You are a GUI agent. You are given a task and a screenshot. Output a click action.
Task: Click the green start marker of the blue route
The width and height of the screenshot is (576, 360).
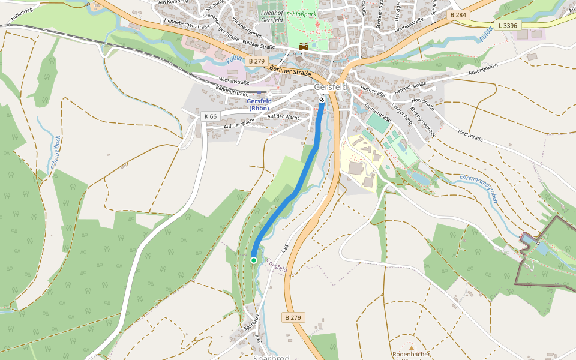tap(254, 260)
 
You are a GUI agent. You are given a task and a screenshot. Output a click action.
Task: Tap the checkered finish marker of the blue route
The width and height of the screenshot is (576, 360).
tap(322, 100)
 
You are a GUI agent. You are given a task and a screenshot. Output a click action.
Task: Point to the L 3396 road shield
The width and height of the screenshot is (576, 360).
tap(507, 26)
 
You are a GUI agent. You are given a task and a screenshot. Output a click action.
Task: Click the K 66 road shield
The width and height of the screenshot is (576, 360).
tap(210, 116)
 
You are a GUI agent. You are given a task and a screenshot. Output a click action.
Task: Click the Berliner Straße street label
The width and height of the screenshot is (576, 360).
tap(290, 70)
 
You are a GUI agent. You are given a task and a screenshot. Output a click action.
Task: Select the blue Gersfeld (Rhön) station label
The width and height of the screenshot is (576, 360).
tap(260, 105)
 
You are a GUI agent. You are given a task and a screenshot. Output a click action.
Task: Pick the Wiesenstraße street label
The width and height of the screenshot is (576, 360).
tap(234, 79)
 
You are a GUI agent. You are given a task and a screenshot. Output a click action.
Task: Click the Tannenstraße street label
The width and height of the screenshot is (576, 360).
tap(377, 111)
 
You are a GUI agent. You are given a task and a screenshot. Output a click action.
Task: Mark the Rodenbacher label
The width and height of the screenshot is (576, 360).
tap(411, 354)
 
